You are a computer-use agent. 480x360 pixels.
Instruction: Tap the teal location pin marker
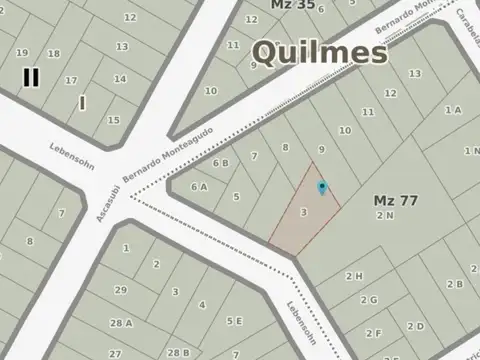tap(321, 187)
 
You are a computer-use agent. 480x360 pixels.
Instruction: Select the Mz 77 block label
tap(395, 200)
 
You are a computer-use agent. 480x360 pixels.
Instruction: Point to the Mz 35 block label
tap(293, 5)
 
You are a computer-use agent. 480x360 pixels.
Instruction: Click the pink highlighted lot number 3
tap(303, 212)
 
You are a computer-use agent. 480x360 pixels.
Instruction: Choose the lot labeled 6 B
tap(220, 162)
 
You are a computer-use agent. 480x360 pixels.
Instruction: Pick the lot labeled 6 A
tap(199, 186)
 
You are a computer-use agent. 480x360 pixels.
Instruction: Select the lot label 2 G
tap(368, 299)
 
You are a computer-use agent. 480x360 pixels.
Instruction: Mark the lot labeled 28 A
tap(122, 323)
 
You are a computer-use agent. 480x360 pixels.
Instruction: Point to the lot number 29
tap(121, 290)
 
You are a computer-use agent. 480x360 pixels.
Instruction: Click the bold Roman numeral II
tap(31, 76)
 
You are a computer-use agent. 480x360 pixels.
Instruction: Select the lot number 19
tap(22, 52)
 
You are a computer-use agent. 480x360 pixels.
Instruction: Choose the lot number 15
tap(114, 120)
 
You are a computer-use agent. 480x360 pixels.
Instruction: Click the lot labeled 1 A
tap(453, 110)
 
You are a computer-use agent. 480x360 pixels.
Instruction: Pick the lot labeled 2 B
tap(455, 283)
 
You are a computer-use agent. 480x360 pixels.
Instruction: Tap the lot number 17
tap(70, 80)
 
